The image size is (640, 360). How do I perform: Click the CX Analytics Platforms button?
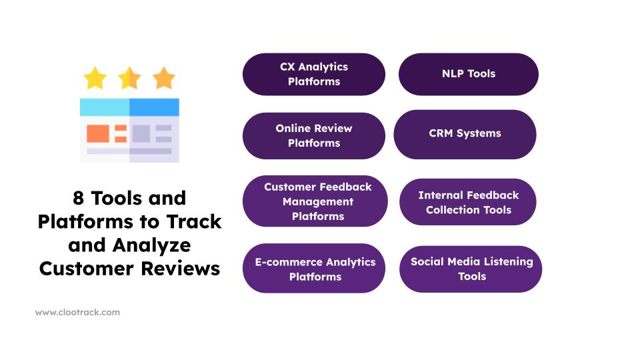313,74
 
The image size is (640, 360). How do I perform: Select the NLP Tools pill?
468,74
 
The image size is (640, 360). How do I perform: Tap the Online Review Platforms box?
313,135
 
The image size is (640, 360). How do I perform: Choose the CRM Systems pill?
465,134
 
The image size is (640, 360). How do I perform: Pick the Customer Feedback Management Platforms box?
315,201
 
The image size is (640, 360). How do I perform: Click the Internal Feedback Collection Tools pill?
468,202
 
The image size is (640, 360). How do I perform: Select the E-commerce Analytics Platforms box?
313,269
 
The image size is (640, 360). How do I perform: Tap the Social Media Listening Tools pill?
471,269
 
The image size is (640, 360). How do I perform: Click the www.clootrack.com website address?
77,312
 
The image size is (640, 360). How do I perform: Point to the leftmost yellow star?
95,79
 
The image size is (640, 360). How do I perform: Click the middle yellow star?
129,79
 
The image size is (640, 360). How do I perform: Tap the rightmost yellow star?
163,79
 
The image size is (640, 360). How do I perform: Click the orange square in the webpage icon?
97,133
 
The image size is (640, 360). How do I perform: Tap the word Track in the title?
197,222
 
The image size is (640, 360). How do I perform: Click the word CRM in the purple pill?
442,134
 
